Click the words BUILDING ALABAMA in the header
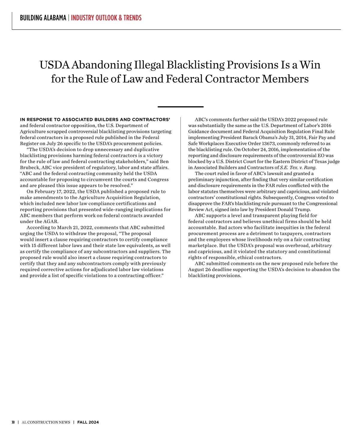[x=43, y=18]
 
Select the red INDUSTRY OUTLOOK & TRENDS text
[x=106, y=18]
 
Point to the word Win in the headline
[x=310, y=65]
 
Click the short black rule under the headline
[x=180, y=106]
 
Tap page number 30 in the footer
[x=13, y=422]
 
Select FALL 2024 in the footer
[x=88, y=422]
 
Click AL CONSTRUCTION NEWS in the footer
[x=46, y=422]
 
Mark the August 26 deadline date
[x=199, y=269]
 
